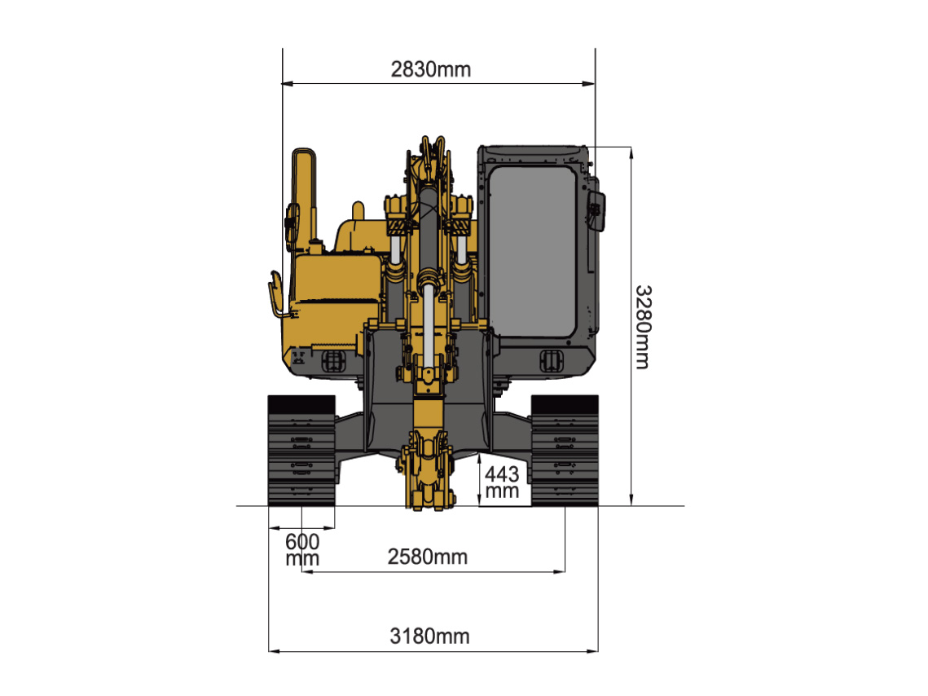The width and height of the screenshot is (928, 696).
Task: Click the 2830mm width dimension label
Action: (431, 69)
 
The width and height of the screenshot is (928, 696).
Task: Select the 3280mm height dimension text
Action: (643, 328)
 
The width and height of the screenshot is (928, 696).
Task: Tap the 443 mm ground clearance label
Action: (502, 482)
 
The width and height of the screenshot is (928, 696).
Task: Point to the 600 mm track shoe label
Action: (302, 549)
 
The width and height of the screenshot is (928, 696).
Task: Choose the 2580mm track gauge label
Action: (427, 557)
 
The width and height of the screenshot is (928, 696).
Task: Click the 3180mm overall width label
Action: (429, 637)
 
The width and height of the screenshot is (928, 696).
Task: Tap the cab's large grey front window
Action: (533, 252)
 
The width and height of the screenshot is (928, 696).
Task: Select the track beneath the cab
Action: (565, 451)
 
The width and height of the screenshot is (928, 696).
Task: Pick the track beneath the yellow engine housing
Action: (301, 451)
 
